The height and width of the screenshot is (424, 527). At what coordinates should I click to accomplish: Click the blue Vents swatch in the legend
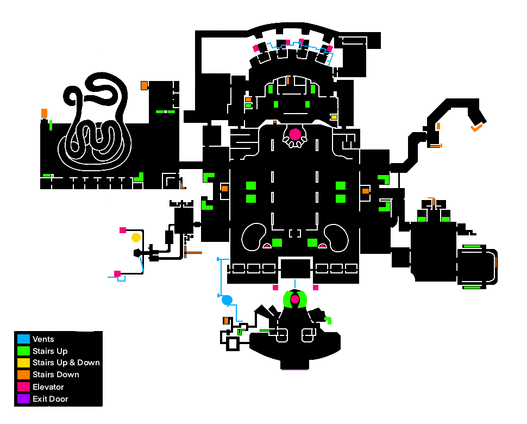pos(23,339)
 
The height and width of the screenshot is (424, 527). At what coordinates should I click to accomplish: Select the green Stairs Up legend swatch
pos(23,351)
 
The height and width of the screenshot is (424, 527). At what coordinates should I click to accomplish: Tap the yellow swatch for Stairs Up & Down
pos(23,363)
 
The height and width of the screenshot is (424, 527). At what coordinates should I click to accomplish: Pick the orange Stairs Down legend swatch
pos(23,375)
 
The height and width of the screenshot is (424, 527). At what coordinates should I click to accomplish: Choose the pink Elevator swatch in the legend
pos(23,386)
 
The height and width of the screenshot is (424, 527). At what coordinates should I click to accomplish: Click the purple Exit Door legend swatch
pos(23,399)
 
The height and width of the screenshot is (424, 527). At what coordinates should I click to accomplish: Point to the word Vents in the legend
pos(43,339)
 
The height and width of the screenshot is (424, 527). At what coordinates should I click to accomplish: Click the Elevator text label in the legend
pos(48,387)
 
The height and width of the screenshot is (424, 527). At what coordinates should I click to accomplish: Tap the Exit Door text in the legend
pos(51,399)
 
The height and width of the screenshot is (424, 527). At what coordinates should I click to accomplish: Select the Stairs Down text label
pos(56,375)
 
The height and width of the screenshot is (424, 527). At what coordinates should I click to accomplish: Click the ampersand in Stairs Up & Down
pos(72,363)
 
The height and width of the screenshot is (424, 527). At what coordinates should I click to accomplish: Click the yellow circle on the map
pos(136,238)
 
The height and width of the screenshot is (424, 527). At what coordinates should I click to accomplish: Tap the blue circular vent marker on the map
pos(227,300)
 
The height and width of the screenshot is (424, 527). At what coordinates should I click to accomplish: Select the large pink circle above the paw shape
pos(295,134)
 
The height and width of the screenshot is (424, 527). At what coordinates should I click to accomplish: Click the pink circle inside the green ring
pos(295,299)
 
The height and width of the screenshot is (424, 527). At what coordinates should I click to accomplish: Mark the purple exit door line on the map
pos(294,370)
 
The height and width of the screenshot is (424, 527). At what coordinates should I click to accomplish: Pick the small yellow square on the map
pos(334,117)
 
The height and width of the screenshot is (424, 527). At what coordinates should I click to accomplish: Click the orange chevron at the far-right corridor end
pos(476,128)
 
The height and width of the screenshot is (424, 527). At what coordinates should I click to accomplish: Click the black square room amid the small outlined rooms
pos(296,269)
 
